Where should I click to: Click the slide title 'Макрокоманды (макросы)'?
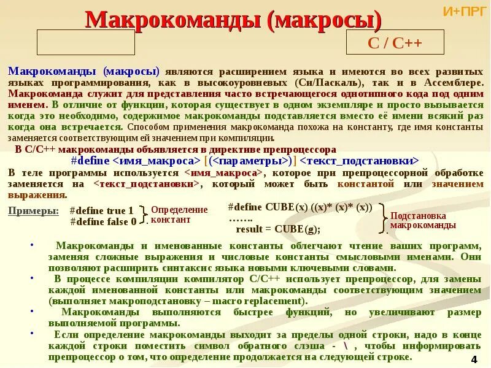coord(233,20)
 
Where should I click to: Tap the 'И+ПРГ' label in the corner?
coord(464,11)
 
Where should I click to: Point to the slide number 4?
coord(474,359)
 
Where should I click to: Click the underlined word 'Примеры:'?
coord(34,211)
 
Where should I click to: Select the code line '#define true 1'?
coord(101,211)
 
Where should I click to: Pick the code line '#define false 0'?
coord(103,221)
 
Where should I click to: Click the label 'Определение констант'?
coord(171,215)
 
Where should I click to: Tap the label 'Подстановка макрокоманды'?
coord(423,220)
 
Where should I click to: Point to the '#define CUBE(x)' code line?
coord(300,207)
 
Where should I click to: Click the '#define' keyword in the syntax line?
coord(91,161)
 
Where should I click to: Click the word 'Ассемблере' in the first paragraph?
coord(452,82)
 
